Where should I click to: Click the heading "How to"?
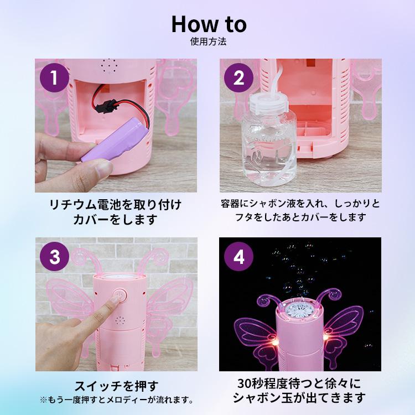[x=209, y=24]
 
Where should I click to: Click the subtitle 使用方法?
[x=208, y=41]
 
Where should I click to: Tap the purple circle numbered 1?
[x=54, y=77]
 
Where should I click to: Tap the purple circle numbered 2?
[x=238, y=77]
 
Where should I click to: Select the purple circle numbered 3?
[x=54, y=256]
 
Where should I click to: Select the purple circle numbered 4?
[x=238, y=256]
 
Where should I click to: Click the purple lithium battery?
[x=115, y=140]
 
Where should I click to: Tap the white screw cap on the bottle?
[x=268, y=103]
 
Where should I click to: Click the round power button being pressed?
[x=120, y=295]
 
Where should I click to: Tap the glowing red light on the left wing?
[x=275, y=342]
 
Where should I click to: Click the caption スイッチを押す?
[x=116, y=386]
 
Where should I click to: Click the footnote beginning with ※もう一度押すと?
[x=116, y=400]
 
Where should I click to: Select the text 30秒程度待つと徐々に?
[x=299, y=383]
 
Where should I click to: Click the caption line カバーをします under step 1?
[x=115, y=220]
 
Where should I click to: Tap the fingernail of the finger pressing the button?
[x=116, y=298]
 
